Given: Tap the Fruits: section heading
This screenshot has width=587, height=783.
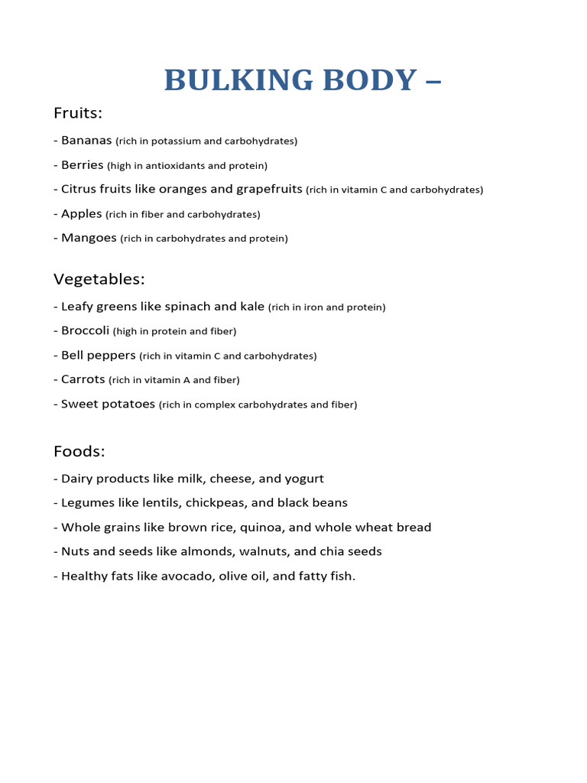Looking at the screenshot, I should (78, 113).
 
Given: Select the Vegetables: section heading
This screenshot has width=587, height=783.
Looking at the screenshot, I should (99, 279).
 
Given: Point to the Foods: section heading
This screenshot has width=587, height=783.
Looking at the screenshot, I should (79, 451).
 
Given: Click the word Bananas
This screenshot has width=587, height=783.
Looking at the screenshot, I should (86, 141).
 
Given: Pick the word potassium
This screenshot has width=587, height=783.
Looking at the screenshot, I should (174, 141).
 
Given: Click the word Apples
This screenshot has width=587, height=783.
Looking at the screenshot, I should (81, 214).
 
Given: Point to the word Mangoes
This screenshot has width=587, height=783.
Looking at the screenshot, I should (89, 238).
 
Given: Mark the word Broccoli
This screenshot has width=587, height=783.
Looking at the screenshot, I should (85, 331).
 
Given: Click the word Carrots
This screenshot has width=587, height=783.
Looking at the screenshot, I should (83, 379).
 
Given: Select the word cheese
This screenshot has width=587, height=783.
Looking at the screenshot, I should (232, 479).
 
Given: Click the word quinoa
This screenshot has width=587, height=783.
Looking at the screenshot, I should (264, 528).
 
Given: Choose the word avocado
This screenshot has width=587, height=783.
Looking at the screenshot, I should (187, 576).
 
